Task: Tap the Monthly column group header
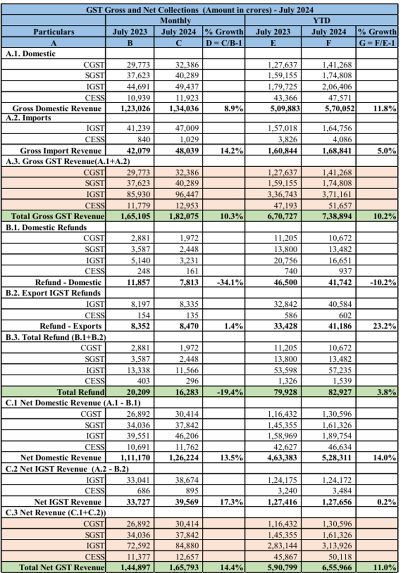175,21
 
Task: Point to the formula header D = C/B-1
224,43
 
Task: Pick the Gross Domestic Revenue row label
57,109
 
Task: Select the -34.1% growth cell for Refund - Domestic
230,282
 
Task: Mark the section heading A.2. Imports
28,118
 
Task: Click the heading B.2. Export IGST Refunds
53,293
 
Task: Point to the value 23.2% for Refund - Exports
385,326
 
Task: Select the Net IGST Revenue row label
68,502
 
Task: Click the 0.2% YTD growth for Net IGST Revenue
387,502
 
